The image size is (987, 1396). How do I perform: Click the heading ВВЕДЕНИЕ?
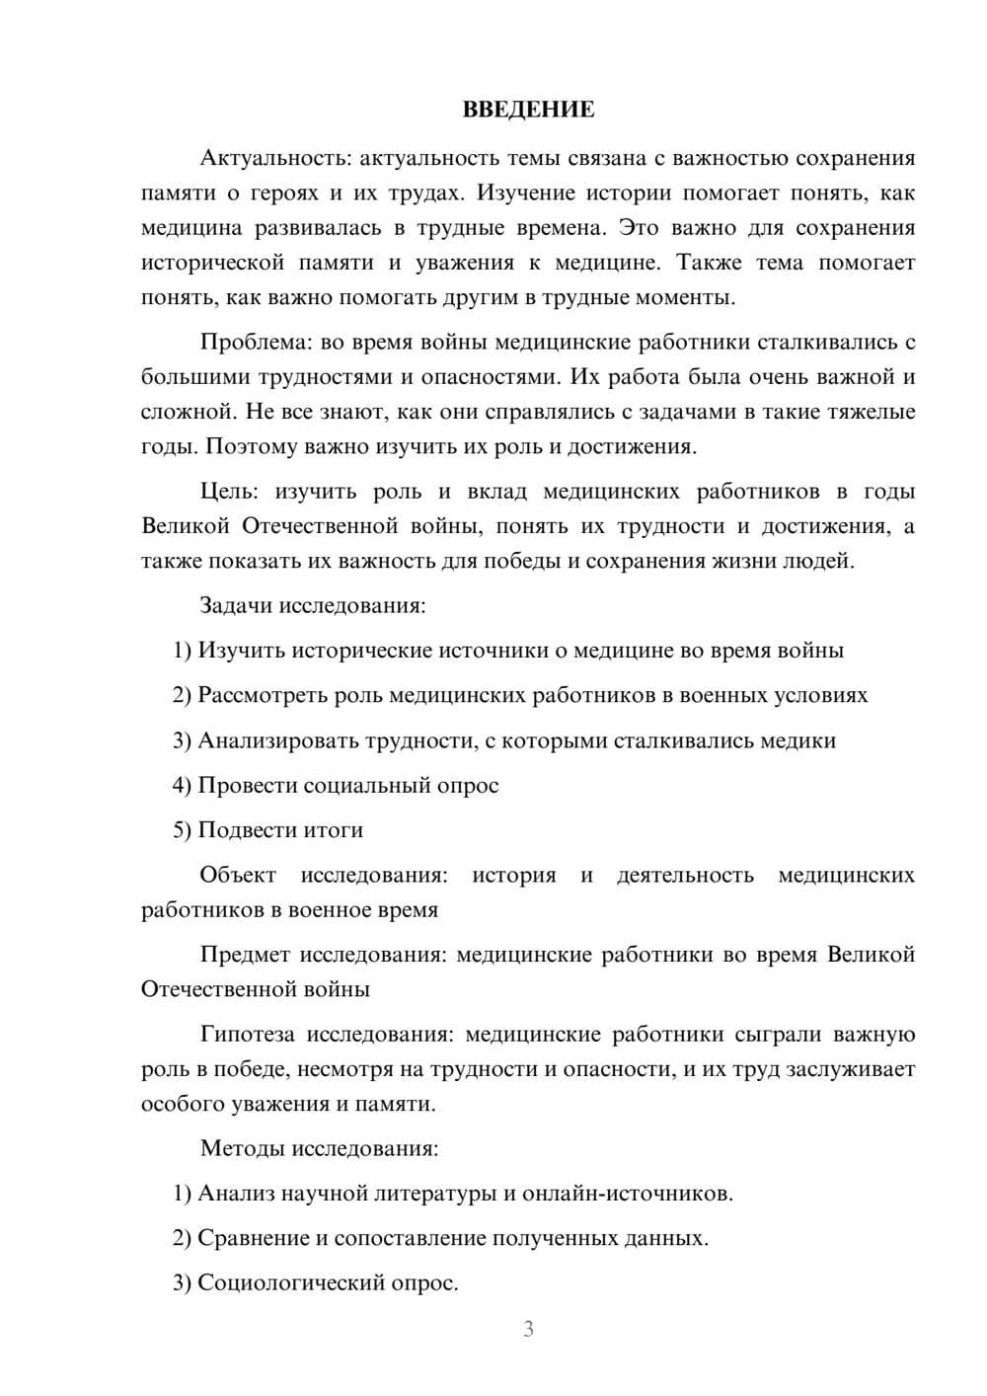528,110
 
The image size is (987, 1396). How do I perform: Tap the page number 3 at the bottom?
528,1329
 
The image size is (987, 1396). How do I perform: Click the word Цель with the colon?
229,492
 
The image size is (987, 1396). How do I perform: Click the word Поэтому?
247,446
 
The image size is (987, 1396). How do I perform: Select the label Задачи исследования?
313,605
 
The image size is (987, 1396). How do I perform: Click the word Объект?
238,875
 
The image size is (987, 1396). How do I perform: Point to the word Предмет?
245,955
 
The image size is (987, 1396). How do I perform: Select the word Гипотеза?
247,1035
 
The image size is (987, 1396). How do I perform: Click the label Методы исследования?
319,1148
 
